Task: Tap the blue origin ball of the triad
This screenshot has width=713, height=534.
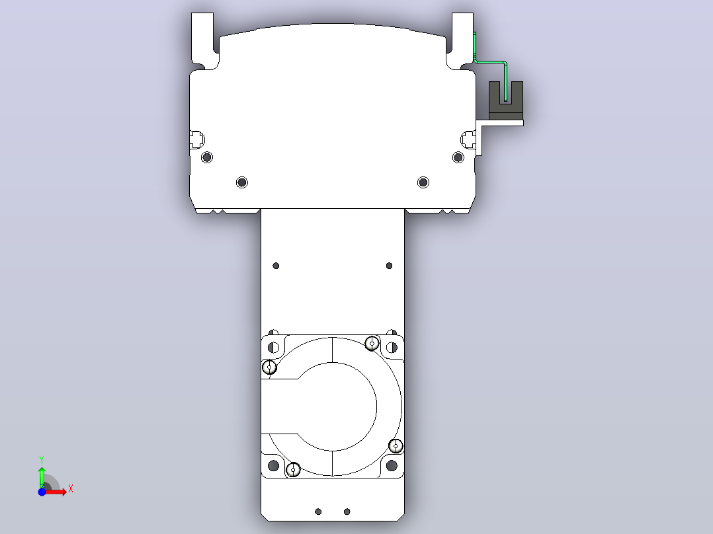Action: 42,492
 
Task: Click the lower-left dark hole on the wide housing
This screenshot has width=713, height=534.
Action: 242,182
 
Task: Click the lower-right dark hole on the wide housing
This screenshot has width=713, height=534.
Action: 423,182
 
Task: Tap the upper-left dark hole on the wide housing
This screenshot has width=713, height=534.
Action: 207,158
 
